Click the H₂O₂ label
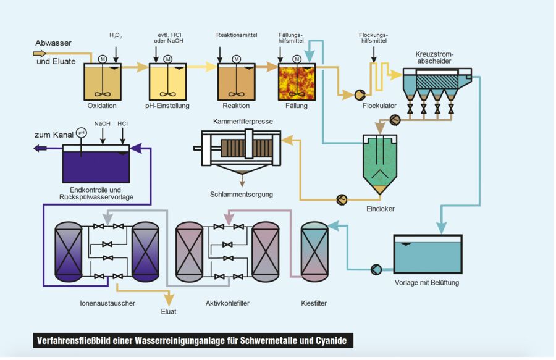click(x=116, y=36)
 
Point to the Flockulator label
click(x=379, y=106)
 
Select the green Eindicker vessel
click(x=383, y=162)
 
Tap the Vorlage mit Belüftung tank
click(x=428, y=255)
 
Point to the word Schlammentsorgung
click(x=241, y=194)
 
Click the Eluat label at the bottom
click(x=169, y=311)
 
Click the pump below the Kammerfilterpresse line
click(x=341, y=199)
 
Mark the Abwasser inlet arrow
click(x=40, y=54)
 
